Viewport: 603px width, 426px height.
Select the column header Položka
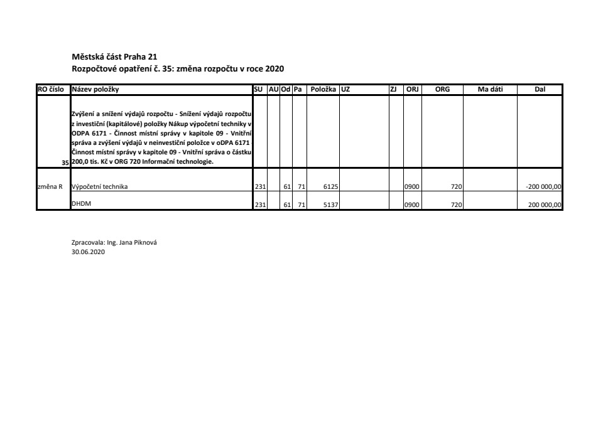(x=323, y=90)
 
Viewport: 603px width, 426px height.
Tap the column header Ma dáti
(x=490, y=90)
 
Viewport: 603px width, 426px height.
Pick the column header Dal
(x=540, y=90)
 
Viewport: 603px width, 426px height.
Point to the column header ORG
(x=442, y=90)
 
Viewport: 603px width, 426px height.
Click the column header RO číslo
(x=53, y=90)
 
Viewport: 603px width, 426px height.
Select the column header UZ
(x=345, y=90)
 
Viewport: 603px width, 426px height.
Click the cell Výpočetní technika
(x=100, y=186)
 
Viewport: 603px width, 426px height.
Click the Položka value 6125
(x=331, y=186)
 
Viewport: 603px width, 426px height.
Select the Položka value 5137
(x=331, y=205)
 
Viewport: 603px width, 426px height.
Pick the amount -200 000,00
(x=543, y=186)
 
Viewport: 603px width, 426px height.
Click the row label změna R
(x=51, y=186)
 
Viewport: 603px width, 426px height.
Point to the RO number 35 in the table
(x=65, y=162)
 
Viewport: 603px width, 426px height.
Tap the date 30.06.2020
(x=89, y=252)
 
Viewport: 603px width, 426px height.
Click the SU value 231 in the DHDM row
(x=260, y=205)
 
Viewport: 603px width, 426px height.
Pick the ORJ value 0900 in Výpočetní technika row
(x=412, y=186)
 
